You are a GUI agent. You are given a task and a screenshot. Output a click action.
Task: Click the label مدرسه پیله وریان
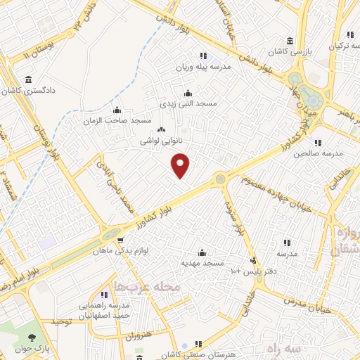[x=203, y=68]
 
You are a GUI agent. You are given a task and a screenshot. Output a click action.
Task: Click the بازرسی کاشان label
[x=290, y=53]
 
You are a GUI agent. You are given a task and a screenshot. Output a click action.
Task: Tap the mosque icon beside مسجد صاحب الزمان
[x=117, y=110]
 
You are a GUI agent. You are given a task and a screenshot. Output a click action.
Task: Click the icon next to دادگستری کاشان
[x=28, y=79]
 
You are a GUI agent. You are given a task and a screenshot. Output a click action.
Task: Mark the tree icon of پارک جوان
[x=29, y=335]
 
